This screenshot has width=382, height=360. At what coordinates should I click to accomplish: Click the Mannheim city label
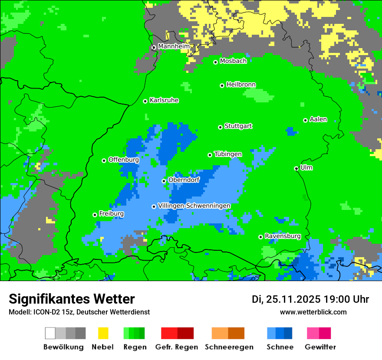click(x=174, y=46)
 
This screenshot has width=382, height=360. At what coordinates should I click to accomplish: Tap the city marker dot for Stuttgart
click(x=220, y=127)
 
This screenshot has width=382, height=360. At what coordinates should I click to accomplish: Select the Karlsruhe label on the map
click(x=164, y=100)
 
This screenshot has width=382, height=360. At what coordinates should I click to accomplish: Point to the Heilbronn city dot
click(x=222, y=85)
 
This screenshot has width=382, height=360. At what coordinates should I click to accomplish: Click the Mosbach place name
click(x=233, y=61)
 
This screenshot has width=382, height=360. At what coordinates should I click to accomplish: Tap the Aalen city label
click(x=318, y=119)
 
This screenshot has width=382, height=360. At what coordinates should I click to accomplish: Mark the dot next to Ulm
click(x=296, y=168)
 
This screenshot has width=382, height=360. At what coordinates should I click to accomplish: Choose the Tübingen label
click(x=228, y=154)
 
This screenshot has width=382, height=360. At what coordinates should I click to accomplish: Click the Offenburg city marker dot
click(x=104, y=160)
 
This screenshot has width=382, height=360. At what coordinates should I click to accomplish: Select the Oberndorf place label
click(x=184, y=180)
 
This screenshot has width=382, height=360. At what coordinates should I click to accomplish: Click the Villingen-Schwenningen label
click(x=194, y=206)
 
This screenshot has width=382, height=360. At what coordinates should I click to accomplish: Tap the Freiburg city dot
click(x=95, y=215)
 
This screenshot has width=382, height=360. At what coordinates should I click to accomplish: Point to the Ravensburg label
click(x=283, y=236)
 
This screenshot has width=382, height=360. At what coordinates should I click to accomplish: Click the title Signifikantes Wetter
click(x=72, y=299)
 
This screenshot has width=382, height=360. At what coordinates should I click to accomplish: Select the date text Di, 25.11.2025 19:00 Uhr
click(x=310, y=299)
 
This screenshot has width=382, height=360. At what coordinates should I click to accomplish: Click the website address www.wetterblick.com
click(x=313, y=312)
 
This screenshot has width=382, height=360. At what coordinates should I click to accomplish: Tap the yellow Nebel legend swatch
click(x=103, y=333)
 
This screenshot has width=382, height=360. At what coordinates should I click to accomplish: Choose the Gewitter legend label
click(x=320, y=347)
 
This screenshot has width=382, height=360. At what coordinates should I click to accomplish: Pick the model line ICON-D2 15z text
click(x=79, y=312)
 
